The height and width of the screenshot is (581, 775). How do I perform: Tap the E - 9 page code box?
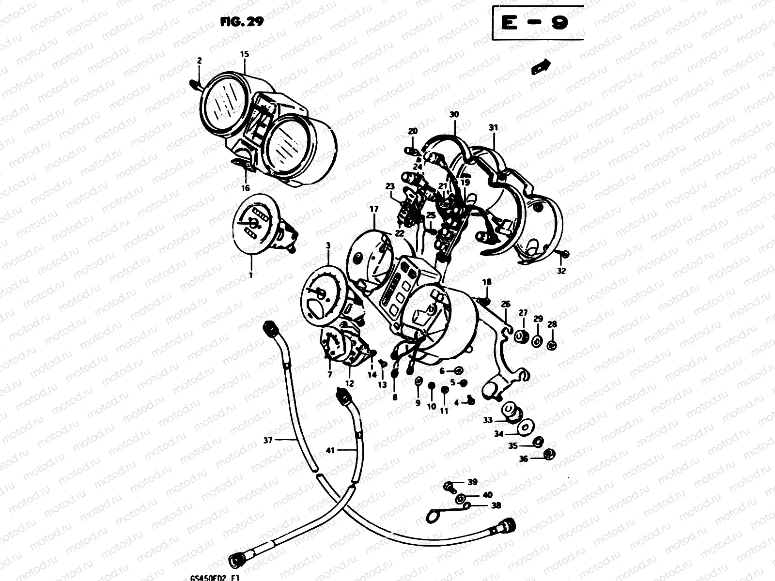tap(535, 23)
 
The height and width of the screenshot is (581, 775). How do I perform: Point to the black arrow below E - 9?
tap(541, 67)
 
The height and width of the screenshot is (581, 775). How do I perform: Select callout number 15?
tap(244, 54)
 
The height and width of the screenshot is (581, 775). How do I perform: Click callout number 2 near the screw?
tap(199, 61)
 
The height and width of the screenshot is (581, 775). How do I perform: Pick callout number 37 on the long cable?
tap(268, 440)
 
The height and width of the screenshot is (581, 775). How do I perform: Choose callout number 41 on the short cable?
tap(330, 450)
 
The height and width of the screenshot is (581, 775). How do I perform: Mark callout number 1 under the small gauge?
tap(251, 275)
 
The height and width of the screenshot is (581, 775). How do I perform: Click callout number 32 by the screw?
tap(561, 271)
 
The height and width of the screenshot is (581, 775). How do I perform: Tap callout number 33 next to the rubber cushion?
tap(488, 420)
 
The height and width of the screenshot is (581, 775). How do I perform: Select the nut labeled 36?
tap(549, 454)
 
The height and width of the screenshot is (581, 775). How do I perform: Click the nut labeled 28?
tap(552, 345)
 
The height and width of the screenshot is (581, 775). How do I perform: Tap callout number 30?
tap(454, 115)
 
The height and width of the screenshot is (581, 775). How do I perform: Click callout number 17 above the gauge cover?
tap(374, 210)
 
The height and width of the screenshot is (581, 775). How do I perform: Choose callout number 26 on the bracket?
tap(505, 304)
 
